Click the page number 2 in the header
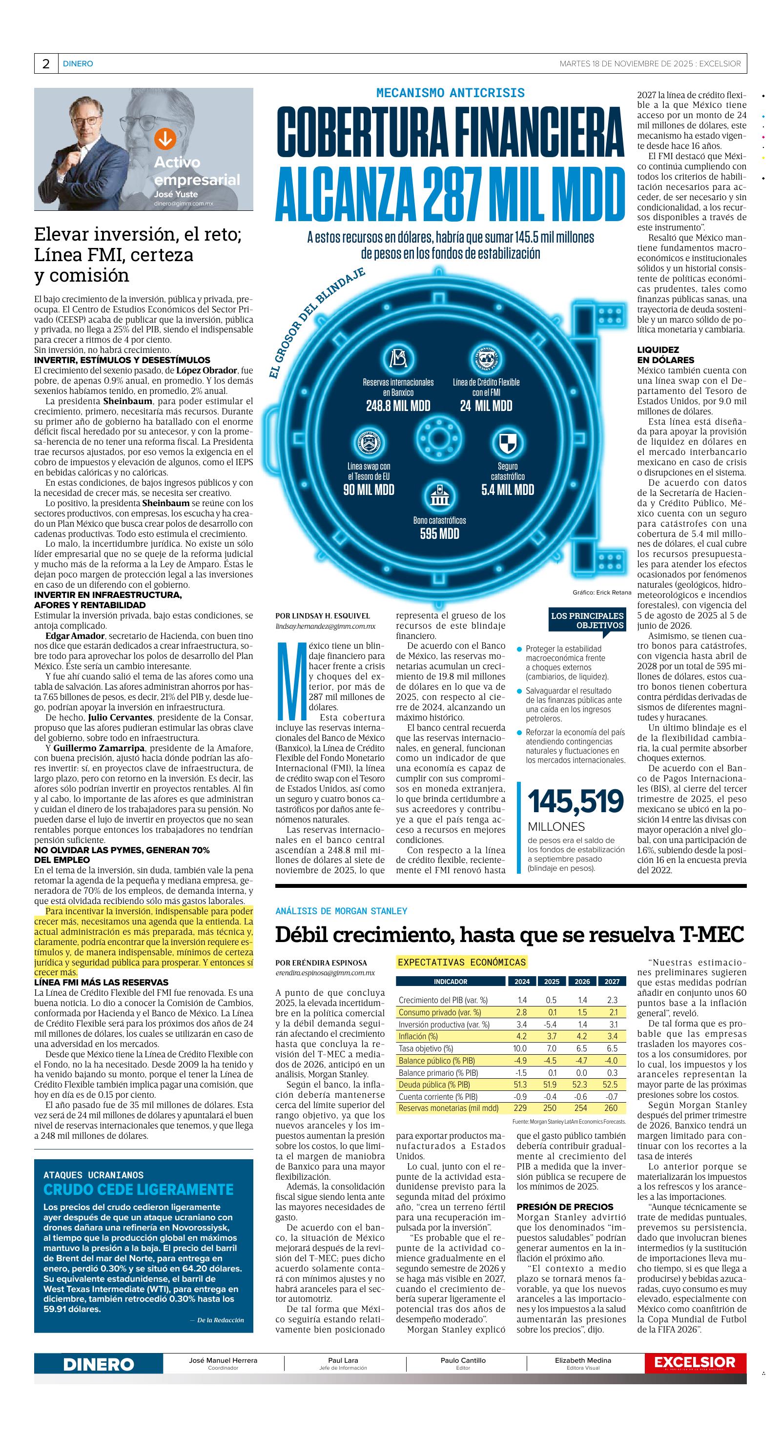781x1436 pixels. click(46, 64)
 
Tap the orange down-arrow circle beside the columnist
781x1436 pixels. click(165, 138)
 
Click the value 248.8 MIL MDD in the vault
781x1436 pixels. click(398, 406)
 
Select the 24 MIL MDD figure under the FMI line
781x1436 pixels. click(486, 406)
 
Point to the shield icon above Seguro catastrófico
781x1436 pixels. click(507, 443)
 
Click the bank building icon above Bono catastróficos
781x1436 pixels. click(440, 496)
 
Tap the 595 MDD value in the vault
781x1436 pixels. click(440, 534)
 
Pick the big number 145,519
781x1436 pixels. click(575, 801)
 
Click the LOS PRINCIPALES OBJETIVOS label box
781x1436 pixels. click(587, 620)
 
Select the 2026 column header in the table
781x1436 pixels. click(581, 982)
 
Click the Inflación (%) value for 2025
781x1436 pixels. click(551, 1036)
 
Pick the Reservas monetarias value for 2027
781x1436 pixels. click(611, 1108)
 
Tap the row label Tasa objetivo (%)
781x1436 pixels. click(426, 1048)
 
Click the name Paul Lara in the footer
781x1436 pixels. click(343, 1361)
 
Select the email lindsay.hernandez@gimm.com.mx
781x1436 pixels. click(326, 627)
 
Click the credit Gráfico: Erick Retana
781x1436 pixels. click(601, 593)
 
